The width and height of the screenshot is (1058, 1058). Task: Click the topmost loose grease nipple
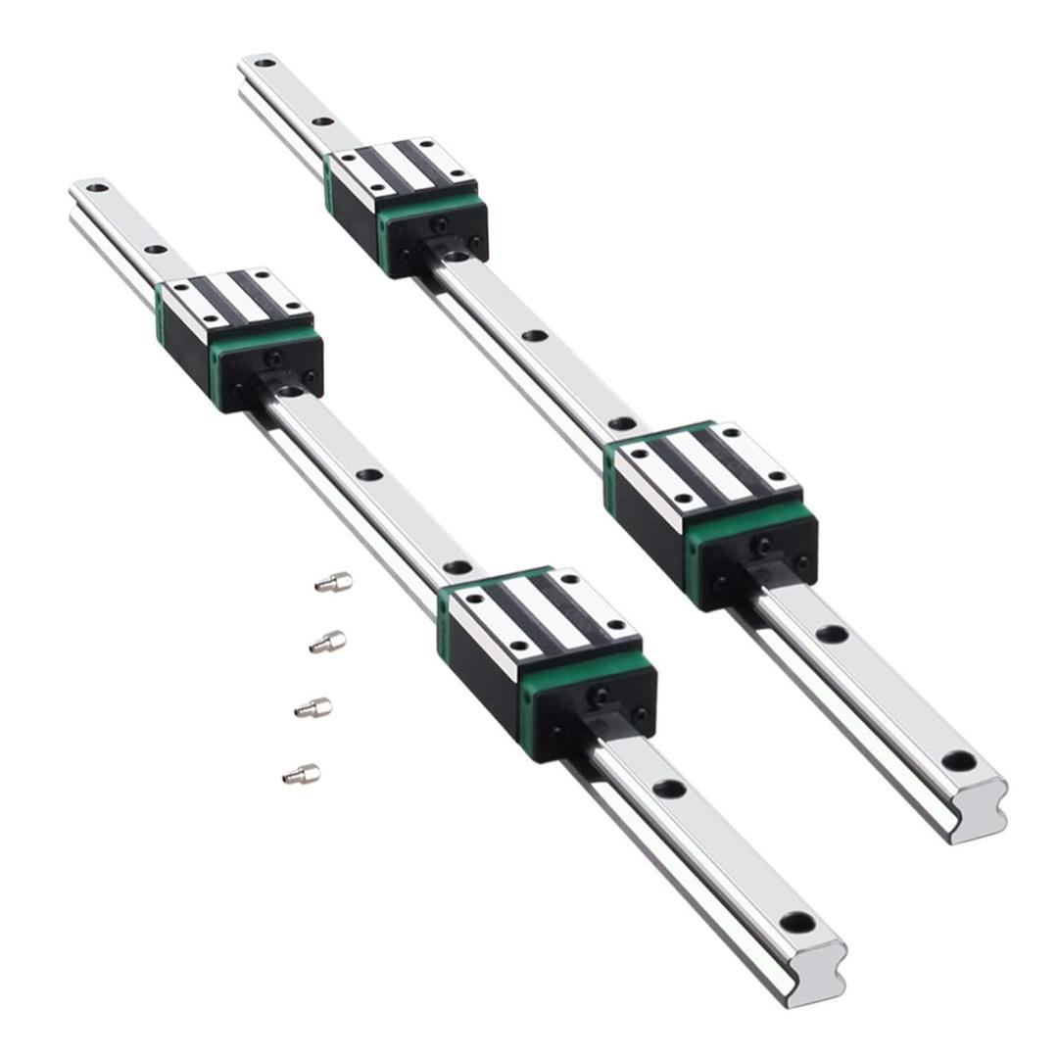333,582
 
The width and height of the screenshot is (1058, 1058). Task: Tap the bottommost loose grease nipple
301,775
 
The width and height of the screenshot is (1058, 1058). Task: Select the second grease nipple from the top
327,643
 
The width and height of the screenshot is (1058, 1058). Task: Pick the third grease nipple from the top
313,707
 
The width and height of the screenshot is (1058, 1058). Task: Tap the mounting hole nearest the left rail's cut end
797,923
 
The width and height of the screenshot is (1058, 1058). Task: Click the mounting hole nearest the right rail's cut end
959,761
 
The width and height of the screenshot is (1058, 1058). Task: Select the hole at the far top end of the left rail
96,186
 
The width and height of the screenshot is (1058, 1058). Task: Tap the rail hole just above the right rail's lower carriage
621,424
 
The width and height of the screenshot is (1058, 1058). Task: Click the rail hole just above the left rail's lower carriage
456,567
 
